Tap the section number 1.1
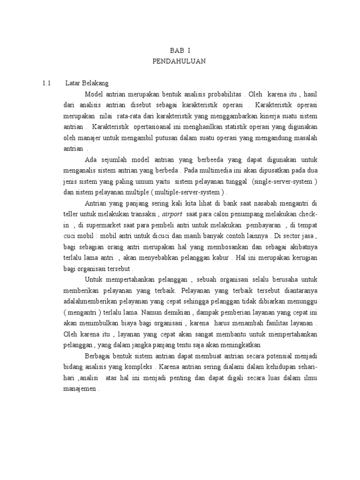tap(46, 83)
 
